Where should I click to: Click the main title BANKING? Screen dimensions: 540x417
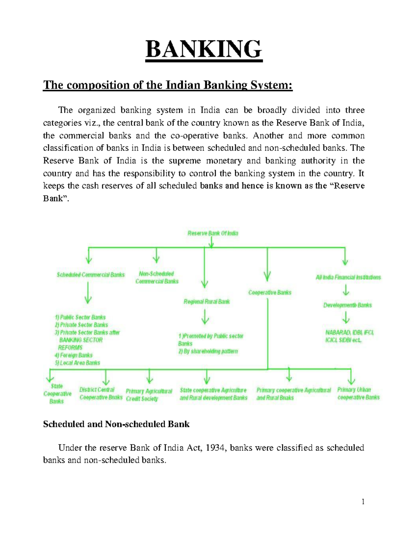204,49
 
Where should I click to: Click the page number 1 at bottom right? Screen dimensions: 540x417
363,501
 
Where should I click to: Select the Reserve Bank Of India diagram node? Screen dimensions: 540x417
213,233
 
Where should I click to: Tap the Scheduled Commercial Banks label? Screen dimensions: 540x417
90,275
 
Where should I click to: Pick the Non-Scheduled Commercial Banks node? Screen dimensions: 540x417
157,277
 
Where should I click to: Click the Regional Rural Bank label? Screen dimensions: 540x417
206,301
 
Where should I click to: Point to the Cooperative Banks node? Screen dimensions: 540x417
270,292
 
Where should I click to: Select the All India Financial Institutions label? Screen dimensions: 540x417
348,277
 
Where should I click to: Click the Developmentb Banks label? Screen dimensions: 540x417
347,305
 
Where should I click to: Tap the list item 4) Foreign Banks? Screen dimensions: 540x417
73,355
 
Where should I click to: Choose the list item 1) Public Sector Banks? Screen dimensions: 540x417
80,317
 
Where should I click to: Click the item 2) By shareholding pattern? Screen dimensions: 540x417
208,351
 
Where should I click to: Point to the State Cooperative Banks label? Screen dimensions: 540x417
57,394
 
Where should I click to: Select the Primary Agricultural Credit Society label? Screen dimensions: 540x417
149,395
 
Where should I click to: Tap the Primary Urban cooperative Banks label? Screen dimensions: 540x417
358,393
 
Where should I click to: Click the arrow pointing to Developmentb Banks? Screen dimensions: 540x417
346,290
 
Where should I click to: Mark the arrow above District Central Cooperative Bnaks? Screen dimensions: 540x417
106,377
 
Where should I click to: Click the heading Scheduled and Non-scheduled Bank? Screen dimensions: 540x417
116,424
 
